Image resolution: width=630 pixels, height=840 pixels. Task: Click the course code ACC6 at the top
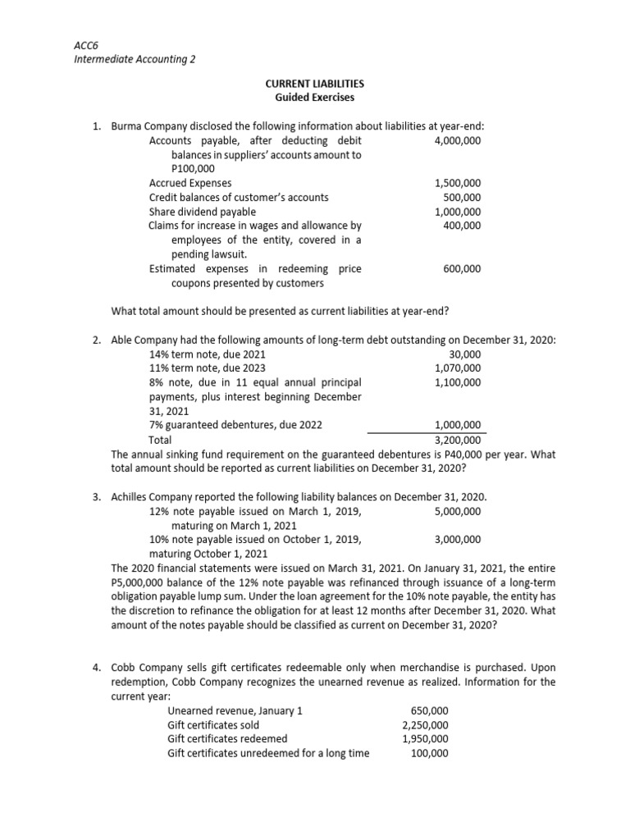click(x=86, y=46)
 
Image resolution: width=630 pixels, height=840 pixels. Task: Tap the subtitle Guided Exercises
click(x=316, y=98)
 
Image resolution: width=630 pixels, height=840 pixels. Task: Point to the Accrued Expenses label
click(x=190, y=183)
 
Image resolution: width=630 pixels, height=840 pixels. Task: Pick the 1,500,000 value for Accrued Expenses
click(x=458, y=183)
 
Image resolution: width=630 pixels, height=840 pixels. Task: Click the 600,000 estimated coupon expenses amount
click(x=462, y=268)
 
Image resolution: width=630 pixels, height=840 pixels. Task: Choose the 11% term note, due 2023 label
click(x=207, y=368)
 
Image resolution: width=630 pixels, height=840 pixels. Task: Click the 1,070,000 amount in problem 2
click(x=458, y=368)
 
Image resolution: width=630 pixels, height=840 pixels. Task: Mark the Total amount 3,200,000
click(x=458, y=439)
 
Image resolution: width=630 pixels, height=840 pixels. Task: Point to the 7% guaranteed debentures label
click(x=235, y=425)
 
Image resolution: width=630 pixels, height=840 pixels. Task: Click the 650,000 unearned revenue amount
click(x=429, y=710)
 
